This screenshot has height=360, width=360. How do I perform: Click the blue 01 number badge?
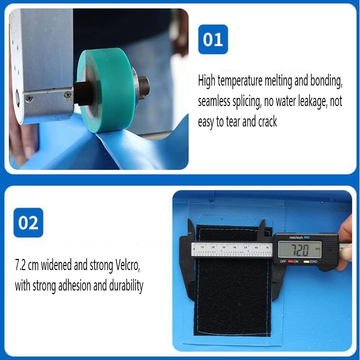click(213, 39)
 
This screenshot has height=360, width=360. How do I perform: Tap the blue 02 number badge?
click(28, 223)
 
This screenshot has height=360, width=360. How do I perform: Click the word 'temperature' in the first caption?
click(240, 81)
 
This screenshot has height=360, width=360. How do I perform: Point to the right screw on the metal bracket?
click(68, 94)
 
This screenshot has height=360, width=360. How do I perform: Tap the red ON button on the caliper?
click(291, 261)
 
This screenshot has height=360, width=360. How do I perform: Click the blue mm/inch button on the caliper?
click(307, 237)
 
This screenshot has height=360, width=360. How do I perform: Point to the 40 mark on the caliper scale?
click(234, 247)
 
